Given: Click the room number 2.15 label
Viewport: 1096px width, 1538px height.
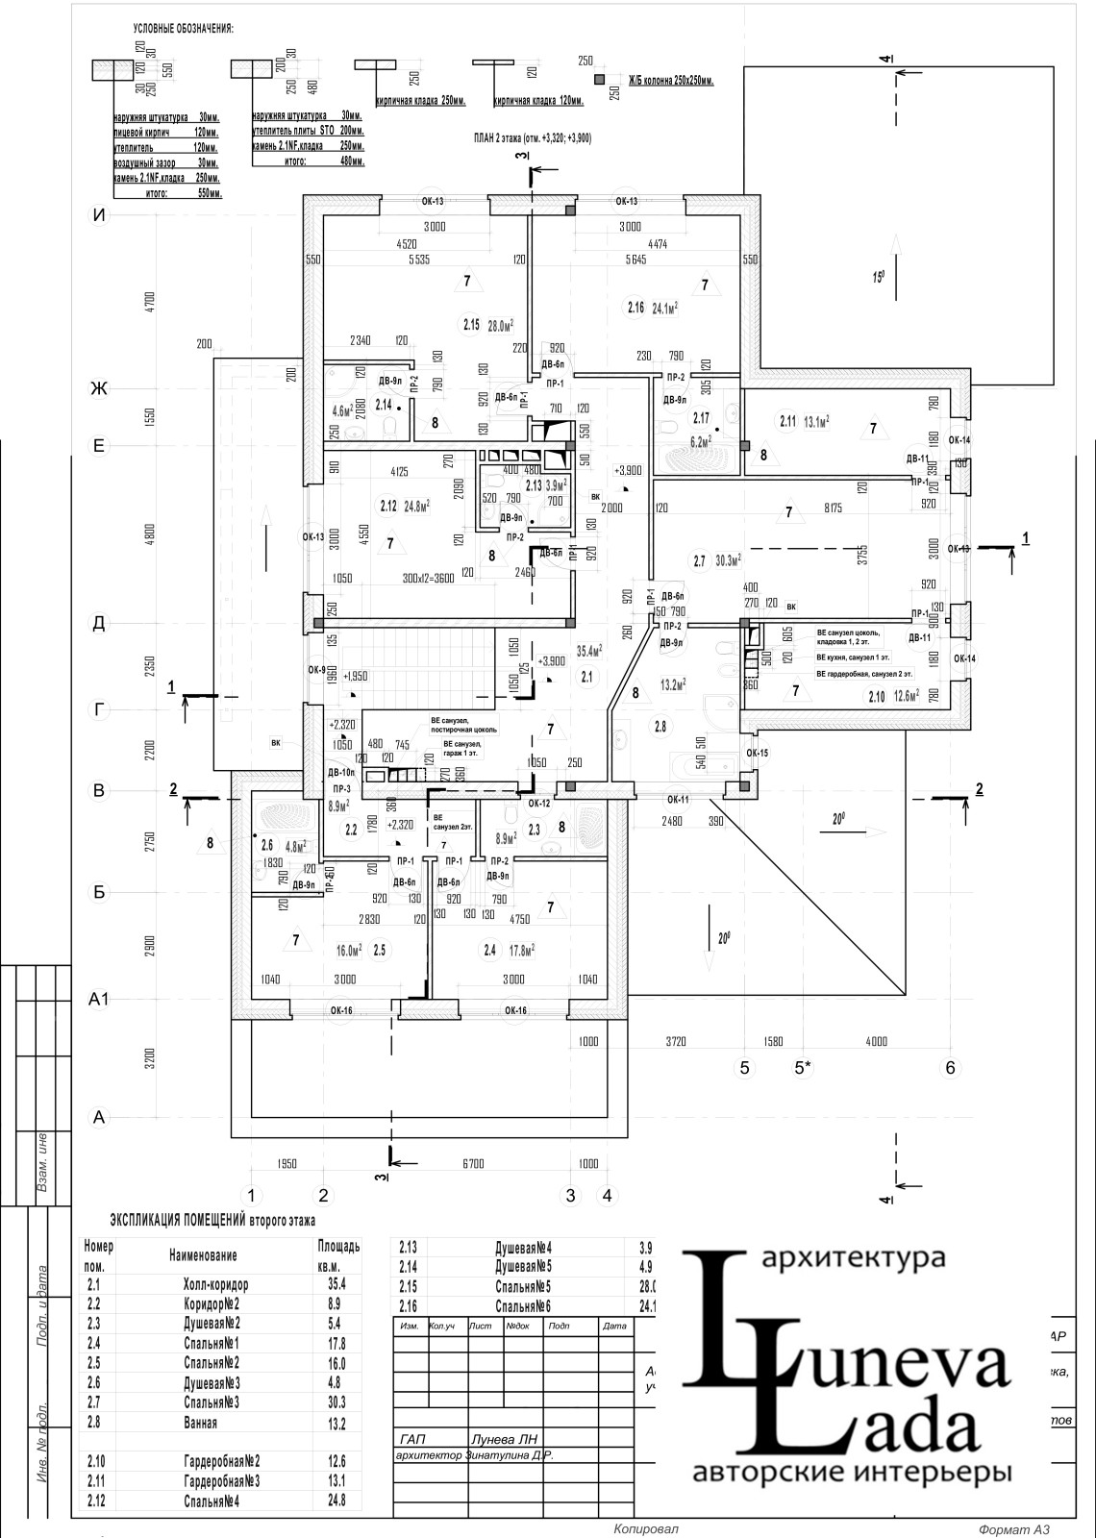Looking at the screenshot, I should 470,324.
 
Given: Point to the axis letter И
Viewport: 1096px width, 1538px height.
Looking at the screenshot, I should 97,215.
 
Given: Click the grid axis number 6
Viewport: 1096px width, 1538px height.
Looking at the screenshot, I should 950,1067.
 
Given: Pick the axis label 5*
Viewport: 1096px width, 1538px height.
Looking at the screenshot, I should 803,1067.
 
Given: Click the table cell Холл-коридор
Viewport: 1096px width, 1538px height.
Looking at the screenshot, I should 215,1284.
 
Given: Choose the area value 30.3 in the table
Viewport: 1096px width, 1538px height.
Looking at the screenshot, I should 336,1402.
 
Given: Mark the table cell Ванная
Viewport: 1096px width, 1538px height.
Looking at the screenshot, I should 201,1423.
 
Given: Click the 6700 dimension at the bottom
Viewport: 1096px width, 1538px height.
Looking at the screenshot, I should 472,1163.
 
